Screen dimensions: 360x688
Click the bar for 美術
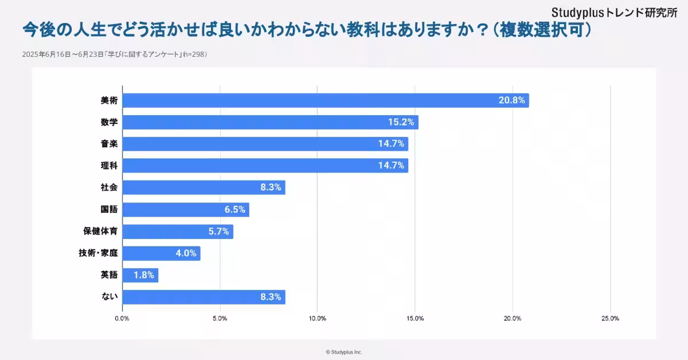(325, 100)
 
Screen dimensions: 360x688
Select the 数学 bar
(270, 122)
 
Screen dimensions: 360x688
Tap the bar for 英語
(140, 275)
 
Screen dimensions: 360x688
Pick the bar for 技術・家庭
(161, 253)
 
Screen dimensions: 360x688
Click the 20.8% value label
(511, 100)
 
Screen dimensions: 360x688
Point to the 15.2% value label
(401, 122)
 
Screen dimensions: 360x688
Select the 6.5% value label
(234, 210)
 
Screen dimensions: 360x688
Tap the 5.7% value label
(218, 232)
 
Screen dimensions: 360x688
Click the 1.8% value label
(143, 275)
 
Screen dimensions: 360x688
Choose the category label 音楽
(109, 144)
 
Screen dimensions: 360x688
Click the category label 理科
(109, 166)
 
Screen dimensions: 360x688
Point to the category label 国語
(109, 210)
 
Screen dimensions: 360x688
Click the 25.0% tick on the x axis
(610, 319)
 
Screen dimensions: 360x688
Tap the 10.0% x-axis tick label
(318, 319)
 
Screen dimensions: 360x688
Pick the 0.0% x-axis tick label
(122, 319)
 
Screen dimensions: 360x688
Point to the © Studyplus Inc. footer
(344, 352)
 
